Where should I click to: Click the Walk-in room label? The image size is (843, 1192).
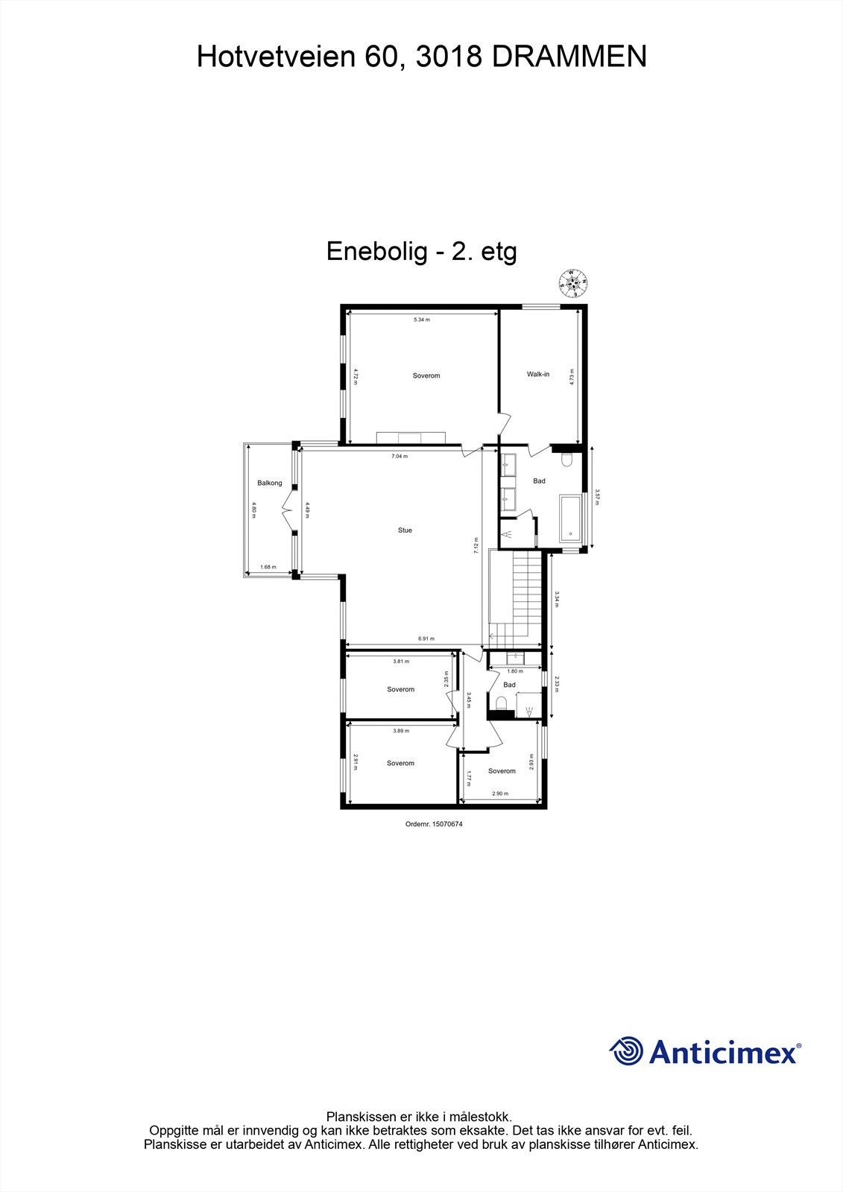pos(537,374)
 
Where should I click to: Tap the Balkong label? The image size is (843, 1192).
pos(270,483)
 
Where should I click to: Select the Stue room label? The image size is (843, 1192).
pos(405,530)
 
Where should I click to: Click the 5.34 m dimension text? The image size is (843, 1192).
pos(422,320)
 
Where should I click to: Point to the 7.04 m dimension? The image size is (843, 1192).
pos(400,456)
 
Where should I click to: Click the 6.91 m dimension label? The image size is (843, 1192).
pos(426,638)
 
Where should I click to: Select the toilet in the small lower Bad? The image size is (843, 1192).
pos(502,703)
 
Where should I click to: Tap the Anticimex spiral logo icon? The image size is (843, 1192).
pos(626,1052)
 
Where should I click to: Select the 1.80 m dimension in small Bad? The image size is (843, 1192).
pos(514,671)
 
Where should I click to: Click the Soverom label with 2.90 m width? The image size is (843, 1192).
pos(502,771)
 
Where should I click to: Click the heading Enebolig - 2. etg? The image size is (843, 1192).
pos(421,251)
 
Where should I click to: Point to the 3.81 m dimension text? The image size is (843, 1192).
pos(401,661)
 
